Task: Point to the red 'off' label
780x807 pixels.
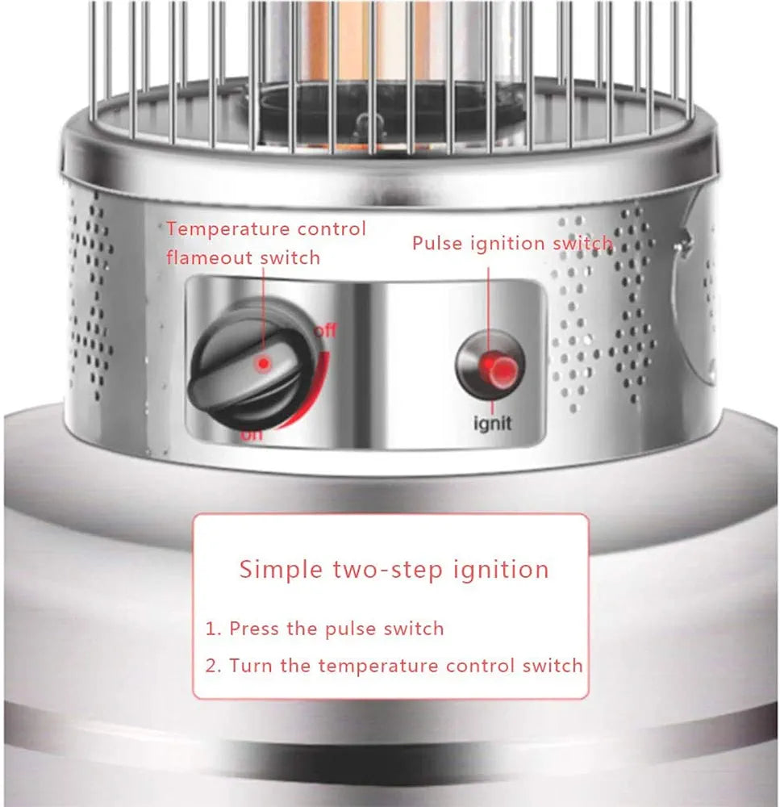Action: point(325,330)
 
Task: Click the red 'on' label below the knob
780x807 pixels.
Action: point(252,435)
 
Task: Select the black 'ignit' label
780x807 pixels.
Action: point(491,422)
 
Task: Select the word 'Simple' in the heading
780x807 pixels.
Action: point(281,569)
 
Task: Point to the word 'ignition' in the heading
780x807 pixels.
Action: point(499,570)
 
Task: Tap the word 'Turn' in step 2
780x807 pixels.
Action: point(248,666)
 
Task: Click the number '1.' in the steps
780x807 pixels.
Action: point(213,628)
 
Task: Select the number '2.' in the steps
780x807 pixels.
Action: point(214,666)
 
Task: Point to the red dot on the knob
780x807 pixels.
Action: point(263,364)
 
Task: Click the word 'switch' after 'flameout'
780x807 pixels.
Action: point(290,257)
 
